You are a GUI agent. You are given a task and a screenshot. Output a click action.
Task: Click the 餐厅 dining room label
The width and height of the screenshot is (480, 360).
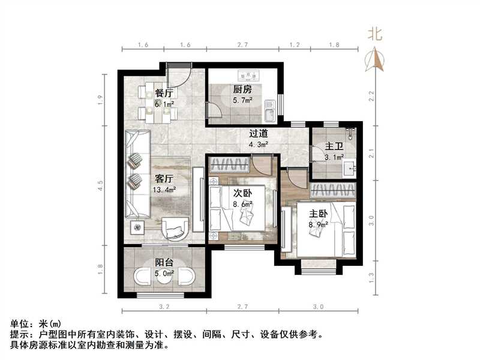[x=164, y=93]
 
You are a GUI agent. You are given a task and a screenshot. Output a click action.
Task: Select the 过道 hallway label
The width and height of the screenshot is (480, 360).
[x=259, y=134]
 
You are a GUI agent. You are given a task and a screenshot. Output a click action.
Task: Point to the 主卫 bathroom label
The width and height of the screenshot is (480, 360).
[x=334, y=146]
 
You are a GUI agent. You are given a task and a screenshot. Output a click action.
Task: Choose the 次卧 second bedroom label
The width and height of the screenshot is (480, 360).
[x=242, y=193]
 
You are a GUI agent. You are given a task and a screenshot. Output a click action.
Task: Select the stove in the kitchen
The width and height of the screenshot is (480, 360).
[x=248, y=76]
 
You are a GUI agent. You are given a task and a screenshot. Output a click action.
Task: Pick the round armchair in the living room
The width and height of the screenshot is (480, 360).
[x=177, y=227]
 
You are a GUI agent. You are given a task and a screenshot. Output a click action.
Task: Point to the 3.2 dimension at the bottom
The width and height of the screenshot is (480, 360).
[x=164, y=307]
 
